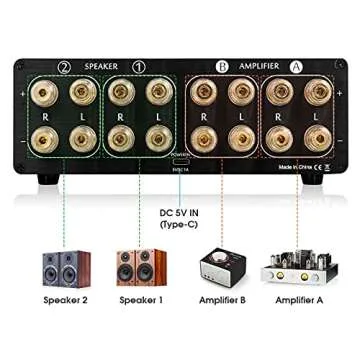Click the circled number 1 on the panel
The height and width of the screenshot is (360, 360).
(x=138, y=67)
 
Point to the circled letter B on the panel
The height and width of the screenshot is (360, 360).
(x=222, y=67)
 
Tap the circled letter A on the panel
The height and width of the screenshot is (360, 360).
(x=295, y=67)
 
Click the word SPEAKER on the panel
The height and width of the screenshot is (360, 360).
(x=101, y=67)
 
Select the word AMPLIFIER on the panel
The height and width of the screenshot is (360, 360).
(x=259, y=67)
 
